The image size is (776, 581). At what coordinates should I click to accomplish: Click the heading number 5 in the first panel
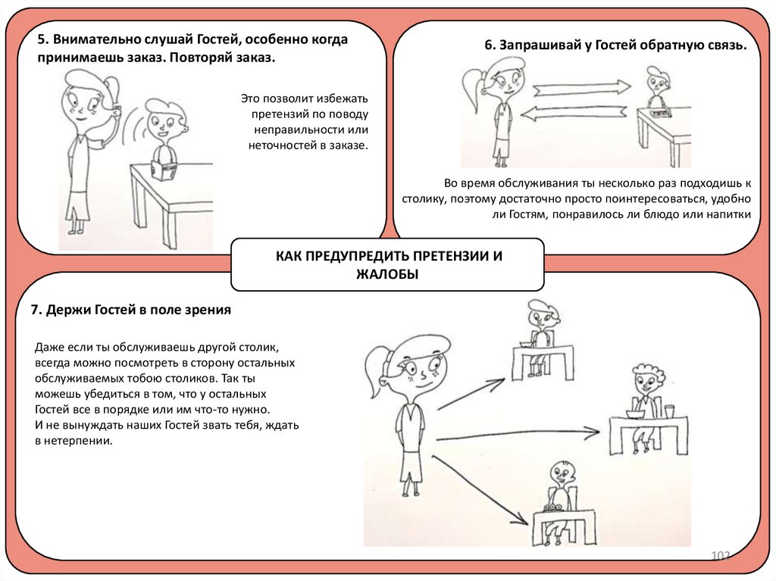point(42,40)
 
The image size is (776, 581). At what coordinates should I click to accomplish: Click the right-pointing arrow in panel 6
point(582,88)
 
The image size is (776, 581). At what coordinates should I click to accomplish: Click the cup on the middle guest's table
point(669,411)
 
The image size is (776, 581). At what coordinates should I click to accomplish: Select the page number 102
point(719,557)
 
